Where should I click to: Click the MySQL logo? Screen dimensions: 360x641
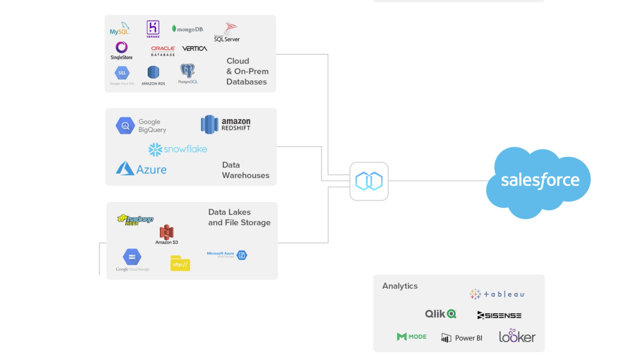tap(120, 29)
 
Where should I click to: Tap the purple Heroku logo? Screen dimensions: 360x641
tap(153, 29)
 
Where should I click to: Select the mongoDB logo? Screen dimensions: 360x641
tap(188, 29)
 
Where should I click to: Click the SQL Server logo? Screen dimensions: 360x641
tap(227, 33)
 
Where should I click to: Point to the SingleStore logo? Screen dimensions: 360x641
tap(122, 50)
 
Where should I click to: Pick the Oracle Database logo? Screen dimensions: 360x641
tap(163, 51)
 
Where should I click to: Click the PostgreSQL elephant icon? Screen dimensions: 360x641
tap(187, 72)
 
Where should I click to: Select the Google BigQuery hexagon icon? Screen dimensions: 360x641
tap(125, 126)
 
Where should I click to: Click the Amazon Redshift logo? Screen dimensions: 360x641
tap(226, 124)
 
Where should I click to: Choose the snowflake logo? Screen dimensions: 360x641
tap(178, 149)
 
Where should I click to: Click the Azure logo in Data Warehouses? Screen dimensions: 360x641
tap(141, 169)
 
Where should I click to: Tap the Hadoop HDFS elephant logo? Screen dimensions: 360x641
tap(135, 220)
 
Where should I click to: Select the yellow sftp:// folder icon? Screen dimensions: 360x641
tap(180, 263)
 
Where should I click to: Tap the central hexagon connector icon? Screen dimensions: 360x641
tap(369, 181)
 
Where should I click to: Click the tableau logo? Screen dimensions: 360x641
tap(497, 294)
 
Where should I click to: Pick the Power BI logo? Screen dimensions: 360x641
tap(462, 338)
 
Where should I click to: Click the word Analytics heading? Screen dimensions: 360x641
tap(400, 286)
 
